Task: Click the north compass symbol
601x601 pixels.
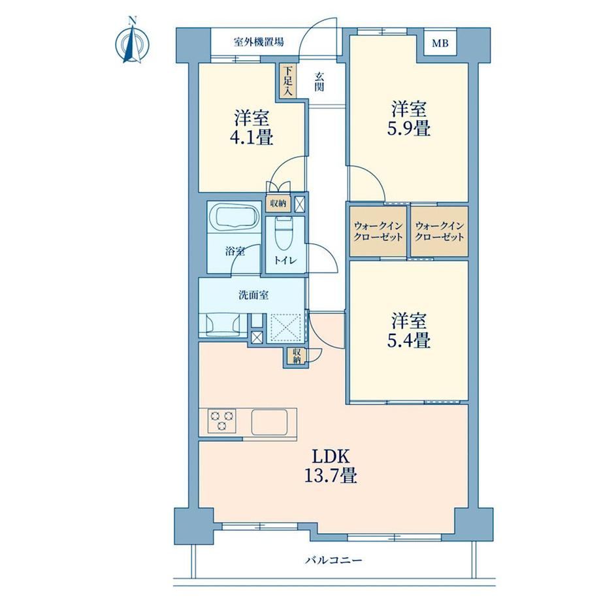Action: [132, 41]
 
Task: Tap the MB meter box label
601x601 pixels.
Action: [440, 43]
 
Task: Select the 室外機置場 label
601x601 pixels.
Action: [259, 42]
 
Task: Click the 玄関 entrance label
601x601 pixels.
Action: [319, 82]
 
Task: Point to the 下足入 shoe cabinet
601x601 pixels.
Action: [288, 80]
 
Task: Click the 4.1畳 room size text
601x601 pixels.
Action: [252, 137]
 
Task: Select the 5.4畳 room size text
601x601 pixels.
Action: [408, 340]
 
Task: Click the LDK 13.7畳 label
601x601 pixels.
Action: [331, 466]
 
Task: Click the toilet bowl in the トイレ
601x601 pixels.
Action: [284, 233]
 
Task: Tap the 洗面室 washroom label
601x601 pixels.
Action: [253, 295]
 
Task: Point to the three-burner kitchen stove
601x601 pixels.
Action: [222, 421]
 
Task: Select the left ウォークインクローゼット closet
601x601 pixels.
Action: [378, 231]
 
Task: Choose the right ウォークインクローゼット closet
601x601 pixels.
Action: [440, 231]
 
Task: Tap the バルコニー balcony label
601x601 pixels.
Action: [333, 560]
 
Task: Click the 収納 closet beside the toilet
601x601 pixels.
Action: [278, 203]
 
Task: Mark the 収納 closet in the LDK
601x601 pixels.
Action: [297, 356]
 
